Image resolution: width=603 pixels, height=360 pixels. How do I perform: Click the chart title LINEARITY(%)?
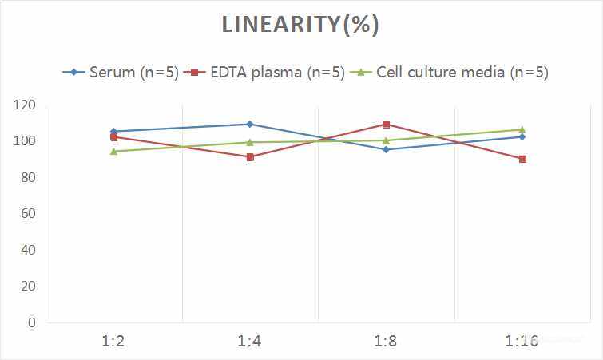point(300,25)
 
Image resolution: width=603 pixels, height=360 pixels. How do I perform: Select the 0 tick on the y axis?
point(32,322)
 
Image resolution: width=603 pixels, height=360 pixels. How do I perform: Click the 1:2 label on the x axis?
point(113,342)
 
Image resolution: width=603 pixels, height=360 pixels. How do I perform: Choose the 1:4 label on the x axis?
point(250,342)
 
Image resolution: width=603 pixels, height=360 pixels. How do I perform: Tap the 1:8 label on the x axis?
point(386,342)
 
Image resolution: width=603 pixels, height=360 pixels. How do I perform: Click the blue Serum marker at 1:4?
point(250,124)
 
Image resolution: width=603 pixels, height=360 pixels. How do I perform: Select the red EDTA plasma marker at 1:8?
point(386,125)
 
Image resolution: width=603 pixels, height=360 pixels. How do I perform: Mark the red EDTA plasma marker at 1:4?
point(250,157)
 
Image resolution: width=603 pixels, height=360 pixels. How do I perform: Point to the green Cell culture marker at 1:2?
point(113,152)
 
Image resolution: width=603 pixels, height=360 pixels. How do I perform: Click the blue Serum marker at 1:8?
point(386,149)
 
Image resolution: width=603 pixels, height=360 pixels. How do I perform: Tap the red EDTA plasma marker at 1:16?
point(522,159)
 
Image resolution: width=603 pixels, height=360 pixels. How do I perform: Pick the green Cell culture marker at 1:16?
point(522,129)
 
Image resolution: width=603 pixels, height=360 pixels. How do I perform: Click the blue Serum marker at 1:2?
point(113,131)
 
